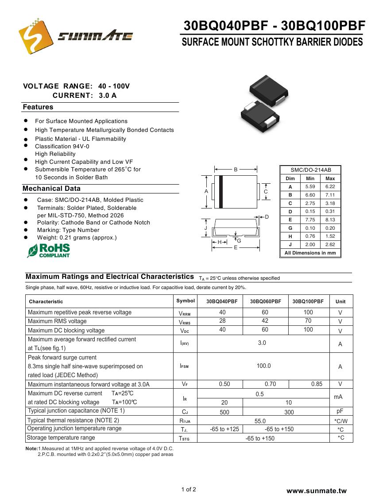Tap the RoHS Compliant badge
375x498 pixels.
coord(49,250)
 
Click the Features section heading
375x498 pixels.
coord(38,107)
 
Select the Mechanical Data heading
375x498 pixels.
coord(52,189)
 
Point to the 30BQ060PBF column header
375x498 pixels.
coord(265,301)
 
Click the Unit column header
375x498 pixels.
coord(340,301)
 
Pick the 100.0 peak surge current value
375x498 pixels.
coord(263,366)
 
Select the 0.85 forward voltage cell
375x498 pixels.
coord(317,384)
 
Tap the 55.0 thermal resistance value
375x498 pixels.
coord(260,421)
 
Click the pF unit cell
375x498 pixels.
coord(340,411)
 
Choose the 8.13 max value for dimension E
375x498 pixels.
coord(330,220)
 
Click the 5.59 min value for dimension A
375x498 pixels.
coord(310,187)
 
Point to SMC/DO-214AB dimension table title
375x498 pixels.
coord(310,170)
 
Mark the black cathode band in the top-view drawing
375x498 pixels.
coord(221,191)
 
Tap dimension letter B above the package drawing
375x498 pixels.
coord(236,170)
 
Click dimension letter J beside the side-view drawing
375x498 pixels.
coord(205,228)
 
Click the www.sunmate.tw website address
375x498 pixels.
coord(316,490)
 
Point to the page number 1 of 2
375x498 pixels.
coord(188,489)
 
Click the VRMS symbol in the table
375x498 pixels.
coord(185,322)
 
